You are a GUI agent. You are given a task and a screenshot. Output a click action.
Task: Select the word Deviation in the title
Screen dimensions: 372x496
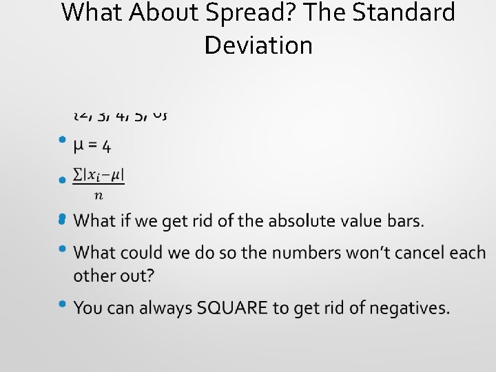click(x=258, y=45)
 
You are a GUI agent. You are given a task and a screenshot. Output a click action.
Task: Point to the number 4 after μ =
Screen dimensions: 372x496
click(x=107, y=147)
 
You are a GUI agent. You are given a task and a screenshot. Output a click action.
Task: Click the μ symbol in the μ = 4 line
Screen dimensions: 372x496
click(x=80, y=147)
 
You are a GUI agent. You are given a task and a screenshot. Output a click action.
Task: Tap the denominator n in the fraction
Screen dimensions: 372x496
click(x=99, y=195)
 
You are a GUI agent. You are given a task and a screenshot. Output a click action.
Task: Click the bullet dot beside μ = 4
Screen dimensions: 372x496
click(x=62, y=140)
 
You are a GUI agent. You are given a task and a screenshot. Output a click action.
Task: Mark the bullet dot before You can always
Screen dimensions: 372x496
click(x=62, y=303)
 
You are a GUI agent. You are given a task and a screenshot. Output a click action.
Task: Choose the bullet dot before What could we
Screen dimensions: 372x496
click(x=62, y=249)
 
